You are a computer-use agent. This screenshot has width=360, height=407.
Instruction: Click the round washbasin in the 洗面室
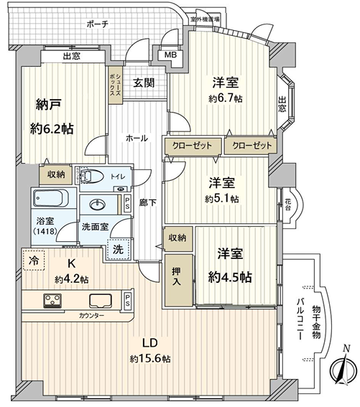click(98, 205)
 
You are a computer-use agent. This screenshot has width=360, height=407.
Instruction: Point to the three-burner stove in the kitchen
click(52, 300)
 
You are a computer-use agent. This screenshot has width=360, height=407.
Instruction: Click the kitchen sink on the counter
click(101, 301)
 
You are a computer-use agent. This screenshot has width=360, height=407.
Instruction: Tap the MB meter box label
click(171, 55)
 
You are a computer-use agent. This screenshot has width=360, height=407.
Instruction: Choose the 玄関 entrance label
click(144, 83)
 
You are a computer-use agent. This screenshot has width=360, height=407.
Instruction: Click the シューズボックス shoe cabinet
click(115, 85)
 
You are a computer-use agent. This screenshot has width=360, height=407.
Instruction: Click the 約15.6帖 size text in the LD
click(150, 359)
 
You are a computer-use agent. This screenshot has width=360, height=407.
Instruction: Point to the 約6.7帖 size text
click(225, 98)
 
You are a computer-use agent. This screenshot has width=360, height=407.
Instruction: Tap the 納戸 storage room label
click(49, 105)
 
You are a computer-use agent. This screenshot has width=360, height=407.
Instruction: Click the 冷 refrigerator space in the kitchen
click(34, 260)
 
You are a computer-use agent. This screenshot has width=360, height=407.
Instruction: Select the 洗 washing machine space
click(119, 249)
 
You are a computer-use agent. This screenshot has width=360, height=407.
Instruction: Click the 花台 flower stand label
click(287, 205)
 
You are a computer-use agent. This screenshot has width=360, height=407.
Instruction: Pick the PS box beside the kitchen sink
click(127, 300)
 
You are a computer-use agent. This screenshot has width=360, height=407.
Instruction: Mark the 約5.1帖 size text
click(222, 199)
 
